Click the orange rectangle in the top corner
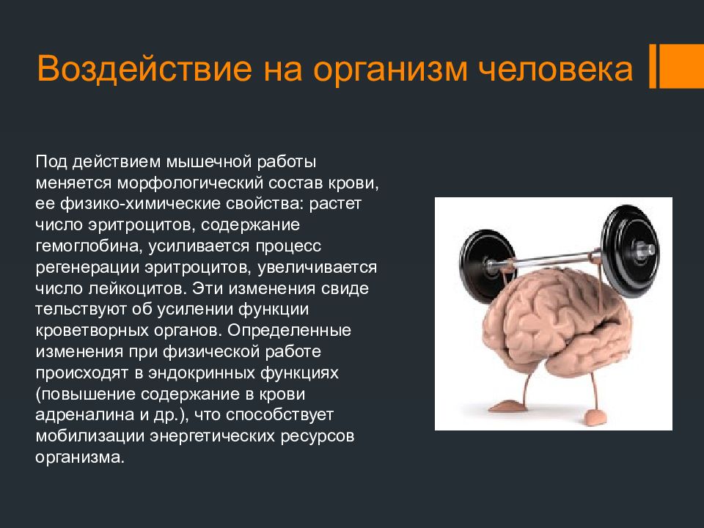pos(681,65)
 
